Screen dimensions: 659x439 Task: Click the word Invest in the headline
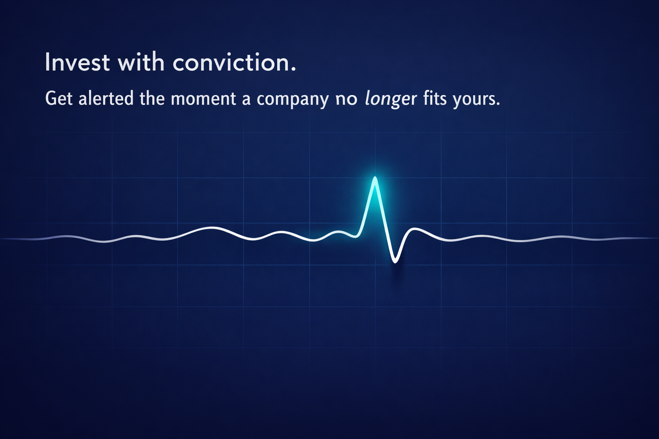click(x=77, y=62)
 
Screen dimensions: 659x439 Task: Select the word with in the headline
click(x=141, y=62)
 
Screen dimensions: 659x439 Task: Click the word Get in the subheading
click(x=59, y=98)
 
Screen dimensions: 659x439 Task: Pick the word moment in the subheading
click(x=203, y=99)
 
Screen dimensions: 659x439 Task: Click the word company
click(x=293, y=100)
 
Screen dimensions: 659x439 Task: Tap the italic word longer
click(x=391, y=99)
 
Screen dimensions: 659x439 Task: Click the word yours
click(x=473, y=100)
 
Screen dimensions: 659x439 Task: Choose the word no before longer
click(x=347, y=100)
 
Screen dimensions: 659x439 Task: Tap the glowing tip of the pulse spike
click(x=375, y=177)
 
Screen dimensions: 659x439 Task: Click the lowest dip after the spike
click(x=395, y=262)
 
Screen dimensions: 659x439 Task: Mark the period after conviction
click(x=293, y=69)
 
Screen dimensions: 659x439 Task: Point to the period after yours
click(x=498, y=104)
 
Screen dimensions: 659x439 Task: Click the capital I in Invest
click(x=47, y=62)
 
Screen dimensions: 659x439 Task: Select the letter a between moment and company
click(x=247, y=100)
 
